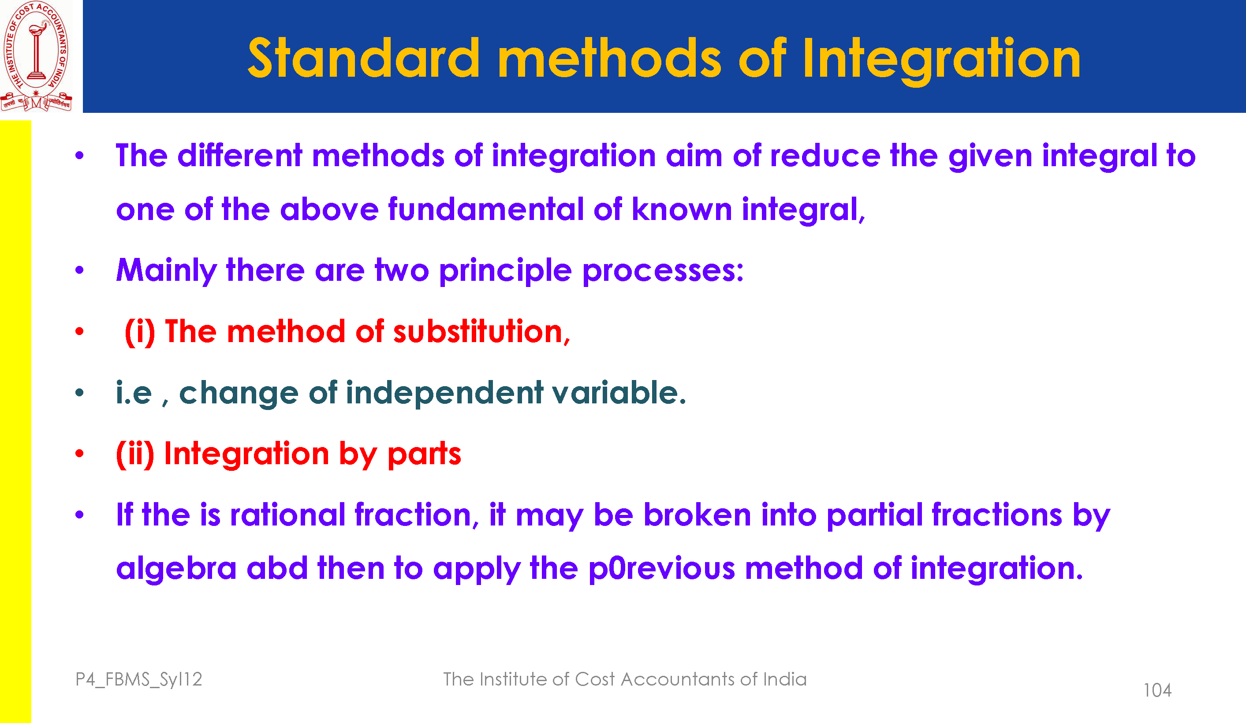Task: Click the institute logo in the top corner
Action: point(36,56)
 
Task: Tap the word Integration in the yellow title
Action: point(941,60)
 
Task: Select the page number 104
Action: point(1157,690)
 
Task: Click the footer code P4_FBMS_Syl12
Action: point(138,680)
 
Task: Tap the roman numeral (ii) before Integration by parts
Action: point(135,454)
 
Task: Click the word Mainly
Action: point(167,271)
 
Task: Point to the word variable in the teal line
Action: point(619,393)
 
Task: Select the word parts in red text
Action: point(424,455)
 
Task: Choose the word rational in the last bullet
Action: point(288,514)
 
